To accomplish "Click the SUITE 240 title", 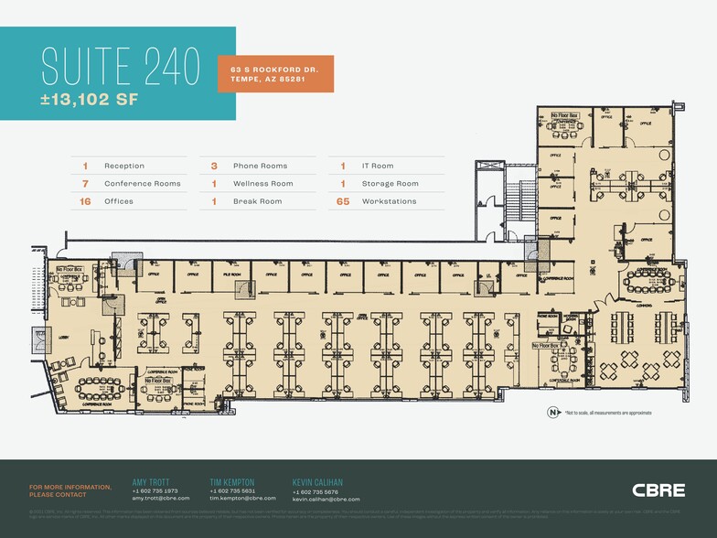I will [121, 67].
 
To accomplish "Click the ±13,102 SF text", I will [90, 101].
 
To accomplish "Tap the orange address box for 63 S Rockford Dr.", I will [274, 73].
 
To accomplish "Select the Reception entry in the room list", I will [124, 166].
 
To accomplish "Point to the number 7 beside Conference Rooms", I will [85, 183].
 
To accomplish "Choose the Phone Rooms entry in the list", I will [260, 166].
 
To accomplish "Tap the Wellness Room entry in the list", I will [262, 183].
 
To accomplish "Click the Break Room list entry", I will [257, 201].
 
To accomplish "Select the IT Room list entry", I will [377, 166].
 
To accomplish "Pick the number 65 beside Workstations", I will [343, 201].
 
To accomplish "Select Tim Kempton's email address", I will [239, 499].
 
